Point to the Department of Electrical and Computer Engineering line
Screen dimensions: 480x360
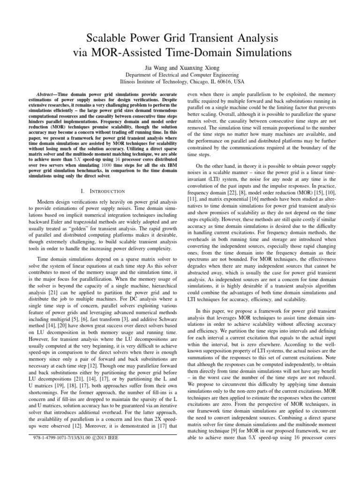click(x=180, y=74)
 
